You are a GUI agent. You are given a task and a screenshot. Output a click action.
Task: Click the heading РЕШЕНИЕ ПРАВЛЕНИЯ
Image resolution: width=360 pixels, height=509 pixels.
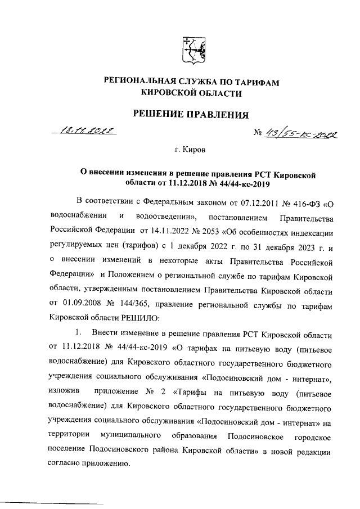[190, 115]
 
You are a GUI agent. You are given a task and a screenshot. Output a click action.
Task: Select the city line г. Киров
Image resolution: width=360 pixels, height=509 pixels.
[190, 151]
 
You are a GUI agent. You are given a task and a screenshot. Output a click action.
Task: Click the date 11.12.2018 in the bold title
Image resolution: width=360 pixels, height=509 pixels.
[178, 182]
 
